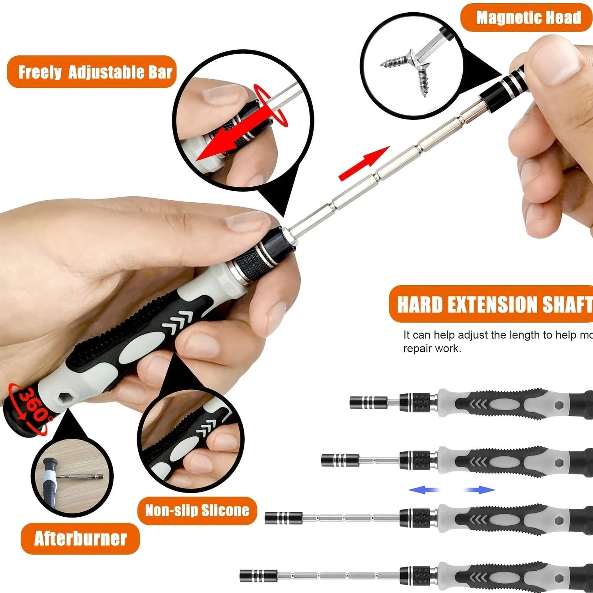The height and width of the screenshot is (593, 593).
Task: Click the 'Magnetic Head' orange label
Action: click(528, 18)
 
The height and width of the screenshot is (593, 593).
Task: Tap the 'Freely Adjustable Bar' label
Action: click(94, 72)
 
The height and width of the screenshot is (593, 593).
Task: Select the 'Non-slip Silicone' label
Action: click(197, 511)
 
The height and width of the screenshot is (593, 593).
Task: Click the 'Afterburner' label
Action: click(80, 538)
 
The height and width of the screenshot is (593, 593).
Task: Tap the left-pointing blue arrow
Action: click(423, 490)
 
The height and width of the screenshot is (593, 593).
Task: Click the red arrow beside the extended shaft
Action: click(364, 163)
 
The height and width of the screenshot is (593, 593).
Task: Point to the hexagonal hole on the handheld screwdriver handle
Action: click(64, 398)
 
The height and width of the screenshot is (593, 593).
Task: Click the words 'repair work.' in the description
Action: click(432, 349)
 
